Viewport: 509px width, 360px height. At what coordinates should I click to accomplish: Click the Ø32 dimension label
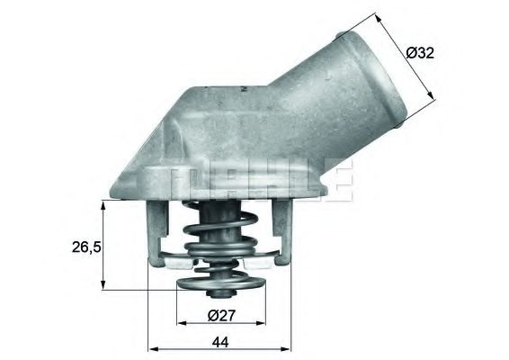[419, 53]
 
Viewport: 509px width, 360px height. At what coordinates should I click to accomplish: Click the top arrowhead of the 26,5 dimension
[106, 206]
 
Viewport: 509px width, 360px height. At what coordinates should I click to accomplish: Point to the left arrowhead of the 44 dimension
[149, 348]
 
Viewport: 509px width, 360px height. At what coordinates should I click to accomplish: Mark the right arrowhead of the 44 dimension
[292, 348]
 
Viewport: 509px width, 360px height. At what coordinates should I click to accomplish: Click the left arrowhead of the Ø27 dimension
[179, 321]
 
